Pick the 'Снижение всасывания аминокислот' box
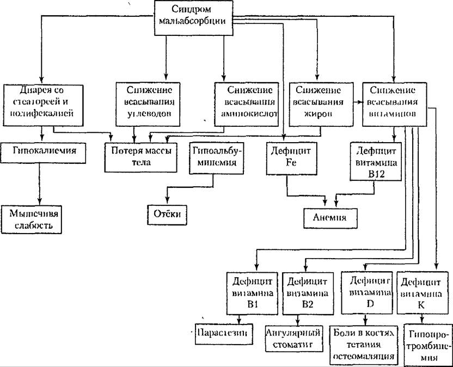click(x=247, y=101)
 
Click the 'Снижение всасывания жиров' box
click(x=319, y=101)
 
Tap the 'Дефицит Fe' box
click(x=287, y=157)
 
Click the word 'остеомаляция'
click(x=363, y=356)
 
